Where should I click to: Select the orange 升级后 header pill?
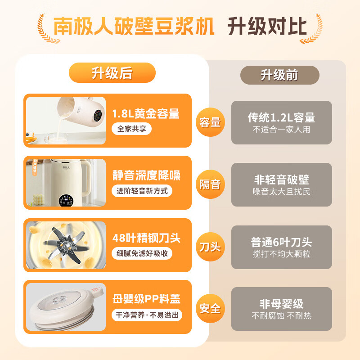coord(112,73)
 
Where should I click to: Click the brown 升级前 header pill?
coord(279,75)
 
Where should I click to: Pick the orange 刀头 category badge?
coord(210,247)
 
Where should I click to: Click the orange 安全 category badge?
coord(210,309)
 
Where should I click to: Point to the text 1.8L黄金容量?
coord(146,113)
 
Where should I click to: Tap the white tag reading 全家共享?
coord(132,129)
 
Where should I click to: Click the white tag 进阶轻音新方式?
coord(142,191)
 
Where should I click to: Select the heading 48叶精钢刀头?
coord(146,238)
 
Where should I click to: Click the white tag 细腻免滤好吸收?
coord(142,253)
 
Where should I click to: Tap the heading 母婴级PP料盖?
coord(146,300)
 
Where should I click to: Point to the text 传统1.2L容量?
coord(281,117)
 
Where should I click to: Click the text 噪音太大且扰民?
coord(281,191)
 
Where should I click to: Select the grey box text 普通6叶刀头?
coord(281,242)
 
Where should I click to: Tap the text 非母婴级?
coord(281,303)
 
